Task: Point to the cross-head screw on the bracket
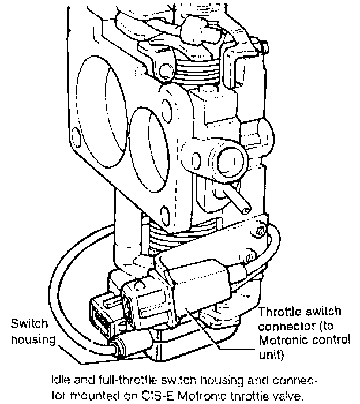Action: [261, 231]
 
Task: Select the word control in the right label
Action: [332, 340]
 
